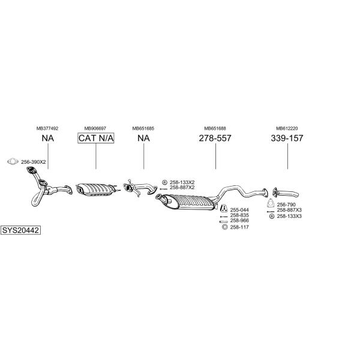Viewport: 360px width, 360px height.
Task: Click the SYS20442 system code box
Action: click(20, 230)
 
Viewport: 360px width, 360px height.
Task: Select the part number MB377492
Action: click(47, 128)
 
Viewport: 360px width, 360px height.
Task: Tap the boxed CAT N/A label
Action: click(96, 138)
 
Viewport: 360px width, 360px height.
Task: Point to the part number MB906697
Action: click(95, 128)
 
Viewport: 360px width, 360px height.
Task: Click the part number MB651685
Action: click(143, 128)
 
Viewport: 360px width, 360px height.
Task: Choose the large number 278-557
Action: click(215, 138)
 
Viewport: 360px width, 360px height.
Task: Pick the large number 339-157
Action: click(287, 138)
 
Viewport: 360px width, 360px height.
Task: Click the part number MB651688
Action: click(215, 128)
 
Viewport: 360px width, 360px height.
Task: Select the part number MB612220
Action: click(287, 128)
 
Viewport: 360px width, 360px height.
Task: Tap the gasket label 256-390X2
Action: click(33, 162)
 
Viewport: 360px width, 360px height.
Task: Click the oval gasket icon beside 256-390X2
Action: click(13, 161)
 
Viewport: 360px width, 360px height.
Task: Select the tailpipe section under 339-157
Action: click(286, 193)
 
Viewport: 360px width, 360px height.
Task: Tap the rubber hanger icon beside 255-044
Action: click(224, 208)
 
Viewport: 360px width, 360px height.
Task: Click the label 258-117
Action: click(239, 227)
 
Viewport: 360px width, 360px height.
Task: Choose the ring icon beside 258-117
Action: click(224, 227)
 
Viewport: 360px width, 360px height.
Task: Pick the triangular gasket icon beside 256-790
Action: click(271, 203)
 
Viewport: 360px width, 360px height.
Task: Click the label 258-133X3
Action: click(289, 216)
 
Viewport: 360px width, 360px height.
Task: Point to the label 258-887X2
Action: click(182, 187)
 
